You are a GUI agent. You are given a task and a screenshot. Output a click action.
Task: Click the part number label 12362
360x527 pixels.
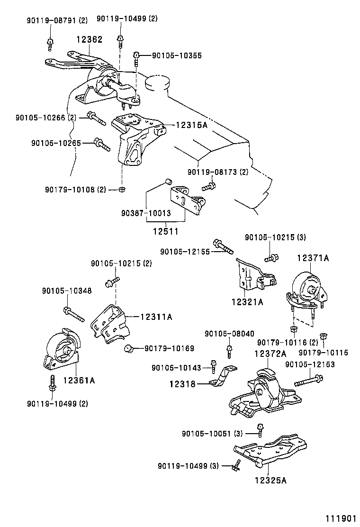click(x=90, y=40)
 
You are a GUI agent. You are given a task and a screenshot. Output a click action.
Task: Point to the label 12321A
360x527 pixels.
click(x=247, y=301)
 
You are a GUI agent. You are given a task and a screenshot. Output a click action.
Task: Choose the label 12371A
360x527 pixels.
click(x=313, y=258)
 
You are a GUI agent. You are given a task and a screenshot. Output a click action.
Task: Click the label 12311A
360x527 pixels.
click(x=156, y=316)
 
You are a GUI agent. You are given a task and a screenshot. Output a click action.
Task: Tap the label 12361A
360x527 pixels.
click(x=79, y=379)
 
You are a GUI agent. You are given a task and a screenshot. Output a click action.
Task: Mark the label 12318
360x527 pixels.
click(x=182, y=384)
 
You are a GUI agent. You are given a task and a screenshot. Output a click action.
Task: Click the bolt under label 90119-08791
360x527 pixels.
click(x=50, y=44)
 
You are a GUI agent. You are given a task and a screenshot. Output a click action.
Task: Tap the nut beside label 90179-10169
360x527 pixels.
click(x=127, y=349)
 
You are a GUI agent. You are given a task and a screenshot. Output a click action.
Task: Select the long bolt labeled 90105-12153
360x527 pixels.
click(x=308, y=380)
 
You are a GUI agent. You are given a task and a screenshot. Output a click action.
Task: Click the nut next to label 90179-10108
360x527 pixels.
click(x=122, y=190)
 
